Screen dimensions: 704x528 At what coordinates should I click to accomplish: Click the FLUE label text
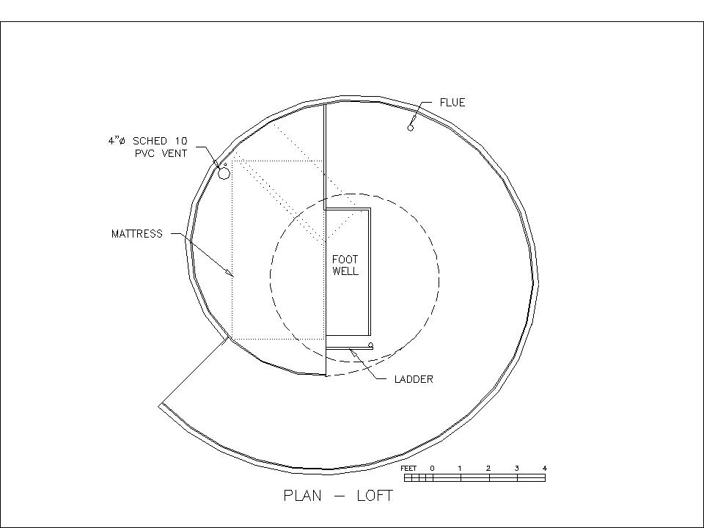[452, 103]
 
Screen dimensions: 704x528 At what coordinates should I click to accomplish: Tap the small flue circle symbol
[411, 128]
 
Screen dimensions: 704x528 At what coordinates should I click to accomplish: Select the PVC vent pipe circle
[224, 173]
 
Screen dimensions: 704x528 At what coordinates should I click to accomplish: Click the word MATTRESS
[137, 234]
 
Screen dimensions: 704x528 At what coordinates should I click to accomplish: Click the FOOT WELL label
[345, 265]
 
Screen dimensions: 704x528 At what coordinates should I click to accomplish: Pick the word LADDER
[414, 379]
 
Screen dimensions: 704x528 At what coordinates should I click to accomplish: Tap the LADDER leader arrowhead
[353, 353]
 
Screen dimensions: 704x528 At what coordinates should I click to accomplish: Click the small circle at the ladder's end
[370, 345]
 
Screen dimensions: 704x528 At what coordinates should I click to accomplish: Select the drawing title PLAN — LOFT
[339, 496]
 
